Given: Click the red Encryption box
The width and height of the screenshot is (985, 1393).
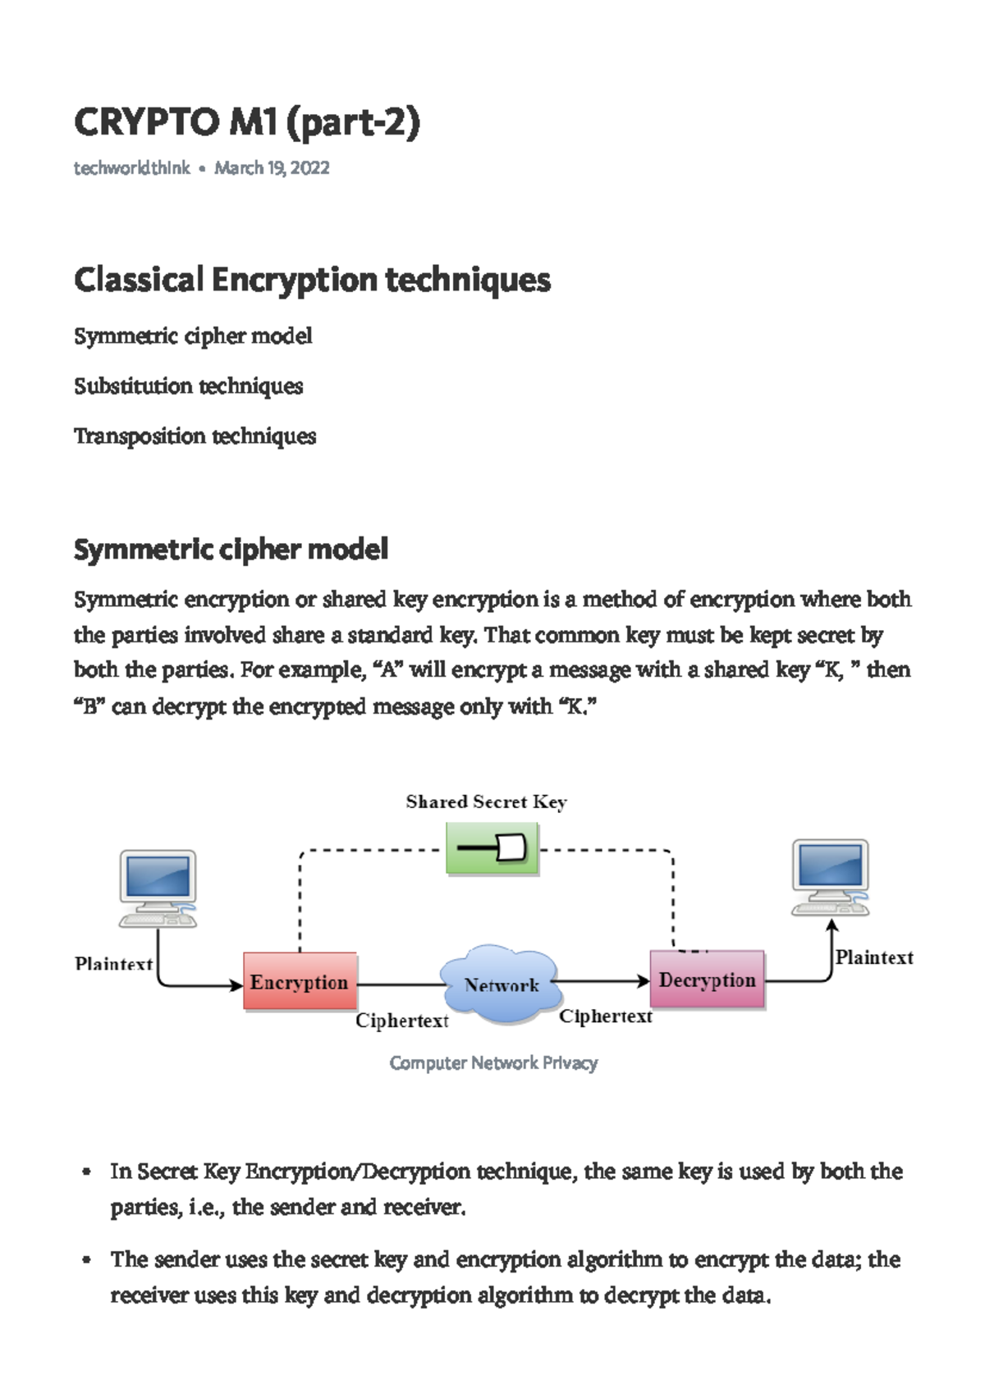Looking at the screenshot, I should pyautogui.click(x=300, y=981).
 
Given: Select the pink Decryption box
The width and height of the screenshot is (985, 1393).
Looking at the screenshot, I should pyautogui.click(x=707, y=980).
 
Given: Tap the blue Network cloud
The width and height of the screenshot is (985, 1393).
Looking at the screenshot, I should pyautogui.click(x=501, y=984).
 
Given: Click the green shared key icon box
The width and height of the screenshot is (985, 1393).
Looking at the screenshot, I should pyautogui.click(x=492, y=848).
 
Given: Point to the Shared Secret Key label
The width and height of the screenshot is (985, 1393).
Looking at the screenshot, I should pyautogui.click(x=486, y=802).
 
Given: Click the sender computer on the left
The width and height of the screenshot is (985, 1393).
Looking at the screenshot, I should pyautogui.click(x=158, y=888).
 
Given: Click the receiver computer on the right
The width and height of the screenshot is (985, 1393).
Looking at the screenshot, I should pyautogui.click(x=830, y=877).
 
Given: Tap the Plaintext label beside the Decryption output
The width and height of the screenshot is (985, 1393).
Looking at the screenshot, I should pyautogui.click(x=874, y=957).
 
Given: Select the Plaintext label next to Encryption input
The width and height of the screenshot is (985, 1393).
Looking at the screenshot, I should pyautogui.click(x=113, y=964).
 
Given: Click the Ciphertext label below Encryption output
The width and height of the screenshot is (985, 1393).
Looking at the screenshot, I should pyautogui.click(x=402, y=1021).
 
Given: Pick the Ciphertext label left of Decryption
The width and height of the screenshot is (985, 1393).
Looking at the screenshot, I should pyautogui.click(x=606, y=1016).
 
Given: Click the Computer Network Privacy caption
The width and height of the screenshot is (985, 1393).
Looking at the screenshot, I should pyautogui.click(x=493, y=1063).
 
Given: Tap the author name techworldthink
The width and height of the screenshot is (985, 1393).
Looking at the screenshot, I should pyautogui.click(x=131, y=168).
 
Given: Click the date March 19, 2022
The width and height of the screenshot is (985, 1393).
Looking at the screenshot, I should pyautogui.click(x=272, y=168).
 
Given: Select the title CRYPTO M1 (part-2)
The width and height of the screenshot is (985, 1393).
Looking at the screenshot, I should pyautogui.click(x=246, y=123).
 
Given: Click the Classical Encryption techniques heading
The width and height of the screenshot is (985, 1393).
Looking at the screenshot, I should pyautogui.click(x=312, y=280).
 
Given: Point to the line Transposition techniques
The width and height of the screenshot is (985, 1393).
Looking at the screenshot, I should pyautogui.click(x=195, y=436).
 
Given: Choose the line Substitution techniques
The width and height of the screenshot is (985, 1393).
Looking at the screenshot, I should pyautogui.click(x=188, y=386).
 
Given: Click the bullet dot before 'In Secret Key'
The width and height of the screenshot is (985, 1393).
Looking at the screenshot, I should pyautogui.click(x=86, y=1173).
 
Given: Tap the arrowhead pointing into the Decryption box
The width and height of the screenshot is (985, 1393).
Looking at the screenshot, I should pyautogui.click(x=644, y=981).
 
